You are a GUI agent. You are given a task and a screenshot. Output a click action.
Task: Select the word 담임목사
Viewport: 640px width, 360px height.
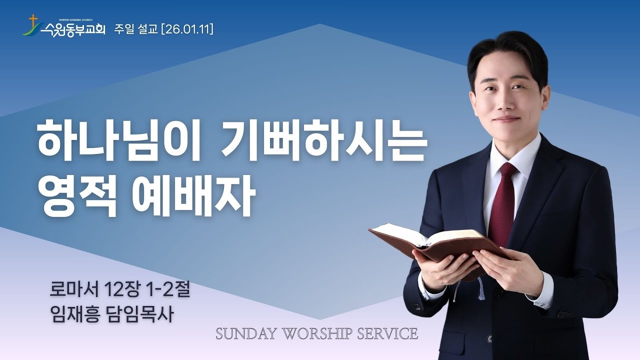click(x=144, y=314)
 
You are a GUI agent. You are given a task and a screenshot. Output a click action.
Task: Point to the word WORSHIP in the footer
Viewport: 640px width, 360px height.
click(x=321, y=333)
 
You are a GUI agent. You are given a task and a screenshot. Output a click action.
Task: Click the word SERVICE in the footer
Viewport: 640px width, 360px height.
click(x=390, y=333)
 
